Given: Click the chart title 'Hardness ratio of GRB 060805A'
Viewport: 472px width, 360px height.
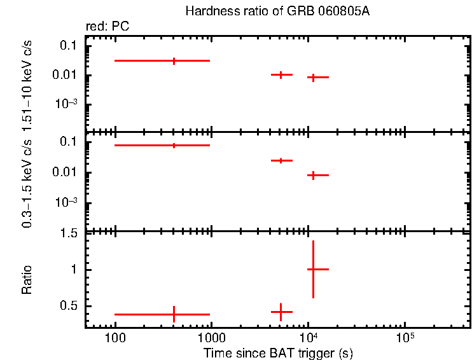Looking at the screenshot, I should [277, 11].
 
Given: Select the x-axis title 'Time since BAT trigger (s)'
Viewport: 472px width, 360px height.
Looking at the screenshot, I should [277, 352].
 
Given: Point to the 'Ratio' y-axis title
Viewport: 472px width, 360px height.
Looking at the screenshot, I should [27, 280].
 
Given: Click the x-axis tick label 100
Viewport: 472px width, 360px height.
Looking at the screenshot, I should [115, 338].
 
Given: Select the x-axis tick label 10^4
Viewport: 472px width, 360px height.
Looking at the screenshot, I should [308, 337].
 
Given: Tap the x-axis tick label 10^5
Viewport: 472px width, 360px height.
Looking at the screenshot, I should [405, 337].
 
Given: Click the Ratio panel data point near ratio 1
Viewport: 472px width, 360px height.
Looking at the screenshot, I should [312, 269].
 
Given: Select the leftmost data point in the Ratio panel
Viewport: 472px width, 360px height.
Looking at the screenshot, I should [174, 314].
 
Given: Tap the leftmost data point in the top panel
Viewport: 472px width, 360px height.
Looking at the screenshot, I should [174, 60].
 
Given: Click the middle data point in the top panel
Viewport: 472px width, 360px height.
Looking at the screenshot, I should [281, 74].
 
